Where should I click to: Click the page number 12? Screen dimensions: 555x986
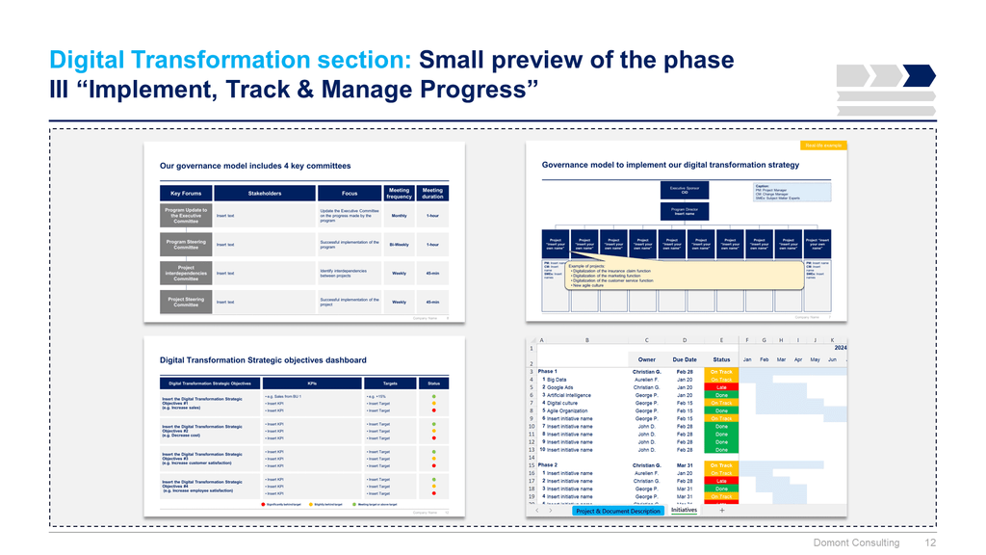click(x=930, y=542)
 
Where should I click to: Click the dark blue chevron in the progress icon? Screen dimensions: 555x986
click(x=920, y=75)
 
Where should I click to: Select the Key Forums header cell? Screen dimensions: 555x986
click(x=186, y=194)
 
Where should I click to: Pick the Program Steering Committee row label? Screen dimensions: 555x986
click(x=186, y=245)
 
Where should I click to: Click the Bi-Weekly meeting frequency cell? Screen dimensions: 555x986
click(x=399, y=245)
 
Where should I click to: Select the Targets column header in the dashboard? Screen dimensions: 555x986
click(x=383, y=383)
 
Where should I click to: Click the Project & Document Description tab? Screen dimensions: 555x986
click(x=617, y=511)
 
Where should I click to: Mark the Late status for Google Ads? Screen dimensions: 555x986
click(x=720, y=387)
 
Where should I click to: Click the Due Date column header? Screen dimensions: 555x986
click(x=685, y=359)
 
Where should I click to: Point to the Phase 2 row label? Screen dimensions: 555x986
click(x=548, y=465)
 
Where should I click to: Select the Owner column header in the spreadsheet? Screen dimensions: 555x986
click(x=646, y=359)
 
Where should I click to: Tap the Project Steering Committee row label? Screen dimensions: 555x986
click(x=186, y=303)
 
